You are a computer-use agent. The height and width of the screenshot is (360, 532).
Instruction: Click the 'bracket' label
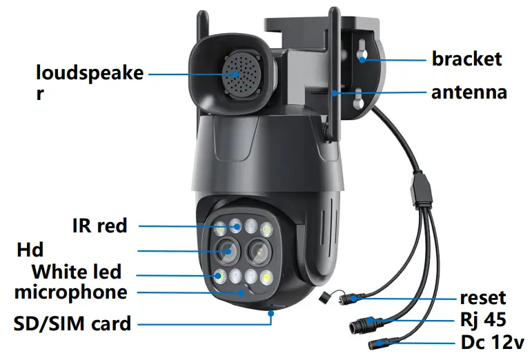click(466, 59)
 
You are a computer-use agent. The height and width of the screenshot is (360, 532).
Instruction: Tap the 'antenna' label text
click(469, 92)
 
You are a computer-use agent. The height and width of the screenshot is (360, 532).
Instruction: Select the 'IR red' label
click(100, 226)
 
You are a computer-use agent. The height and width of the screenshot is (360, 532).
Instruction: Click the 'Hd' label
click(30, 248)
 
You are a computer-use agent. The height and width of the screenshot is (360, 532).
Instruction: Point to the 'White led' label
click(76, 271)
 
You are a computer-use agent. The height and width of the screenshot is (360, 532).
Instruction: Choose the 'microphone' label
click(70, 292)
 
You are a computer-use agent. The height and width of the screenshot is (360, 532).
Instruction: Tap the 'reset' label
click(483, 298)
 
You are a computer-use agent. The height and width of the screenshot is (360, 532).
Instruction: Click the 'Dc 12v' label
click(492, 341)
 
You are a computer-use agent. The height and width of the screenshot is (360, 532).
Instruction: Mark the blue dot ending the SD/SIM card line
click(272, 313)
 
